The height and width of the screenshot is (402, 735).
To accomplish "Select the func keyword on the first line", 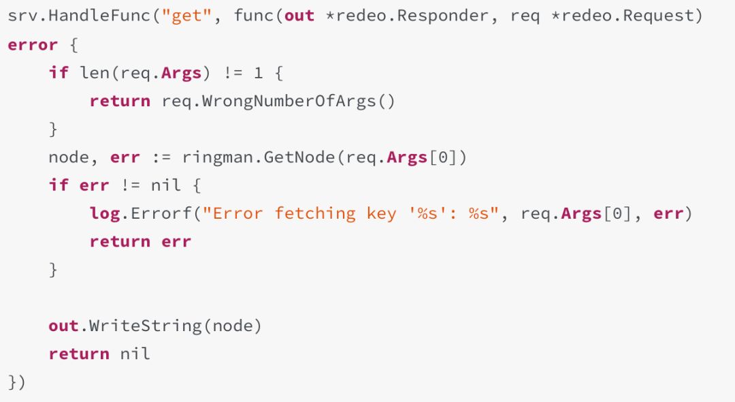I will [254, 16].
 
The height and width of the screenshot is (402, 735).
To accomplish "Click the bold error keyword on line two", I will [33, 45].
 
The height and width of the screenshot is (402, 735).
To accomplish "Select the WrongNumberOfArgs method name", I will [289, 101].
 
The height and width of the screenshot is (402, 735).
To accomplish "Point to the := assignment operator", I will [161, 157].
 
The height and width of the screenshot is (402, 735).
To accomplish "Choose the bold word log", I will [105, 213].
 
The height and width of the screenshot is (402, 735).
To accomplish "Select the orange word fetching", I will [314, 213].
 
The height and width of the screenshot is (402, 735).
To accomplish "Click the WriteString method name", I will [146, 326].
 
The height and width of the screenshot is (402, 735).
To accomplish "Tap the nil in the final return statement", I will [135, 354].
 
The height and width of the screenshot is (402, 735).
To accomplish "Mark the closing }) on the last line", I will [16, 382].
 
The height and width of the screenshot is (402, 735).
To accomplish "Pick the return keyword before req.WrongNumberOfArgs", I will [120, 101].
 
